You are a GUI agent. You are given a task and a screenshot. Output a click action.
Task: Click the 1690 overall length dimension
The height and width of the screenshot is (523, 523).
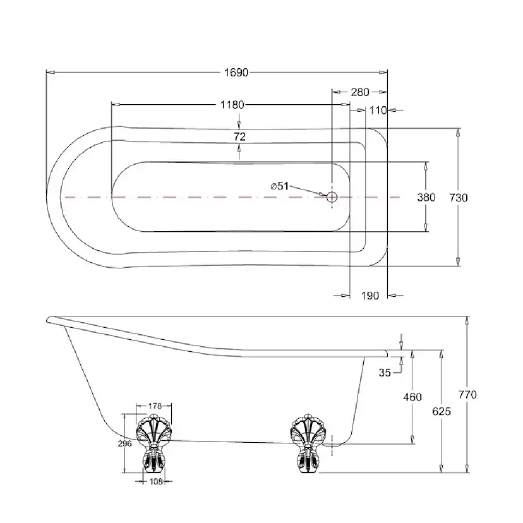(236, 73)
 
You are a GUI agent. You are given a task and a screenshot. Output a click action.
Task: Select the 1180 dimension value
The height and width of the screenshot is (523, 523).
(232, 105)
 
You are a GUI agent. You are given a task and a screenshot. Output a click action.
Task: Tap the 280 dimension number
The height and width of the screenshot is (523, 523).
(360, 92)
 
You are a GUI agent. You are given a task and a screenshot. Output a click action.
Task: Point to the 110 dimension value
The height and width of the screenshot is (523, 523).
(378, 110)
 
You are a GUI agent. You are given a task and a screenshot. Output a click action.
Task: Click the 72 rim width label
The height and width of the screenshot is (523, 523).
(240, 136)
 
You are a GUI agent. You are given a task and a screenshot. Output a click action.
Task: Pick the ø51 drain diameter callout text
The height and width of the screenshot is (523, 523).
(280, 186)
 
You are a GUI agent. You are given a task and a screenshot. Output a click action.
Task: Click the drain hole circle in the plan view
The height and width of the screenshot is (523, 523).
(332, 197)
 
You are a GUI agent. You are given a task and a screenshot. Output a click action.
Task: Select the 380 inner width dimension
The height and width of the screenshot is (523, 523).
(426, 198)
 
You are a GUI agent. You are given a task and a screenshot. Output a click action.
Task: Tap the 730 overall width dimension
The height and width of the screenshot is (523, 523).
(459, 198)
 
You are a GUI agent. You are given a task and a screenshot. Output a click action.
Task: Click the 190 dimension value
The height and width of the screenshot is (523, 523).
(370, 296)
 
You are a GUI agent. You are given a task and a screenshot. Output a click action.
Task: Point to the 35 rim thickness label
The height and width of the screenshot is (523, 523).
(385, 373)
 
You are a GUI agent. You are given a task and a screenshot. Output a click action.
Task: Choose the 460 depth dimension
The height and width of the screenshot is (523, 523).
(412, 397)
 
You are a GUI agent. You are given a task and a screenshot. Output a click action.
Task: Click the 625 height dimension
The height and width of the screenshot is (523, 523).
(442, 411)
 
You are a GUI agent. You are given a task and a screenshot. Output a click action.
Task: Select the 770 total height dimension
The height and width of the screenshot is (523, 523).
(467, 395)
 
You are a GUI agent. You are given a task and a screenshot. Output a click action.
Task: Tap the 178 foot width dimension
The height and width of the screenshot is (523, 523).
(155, 406)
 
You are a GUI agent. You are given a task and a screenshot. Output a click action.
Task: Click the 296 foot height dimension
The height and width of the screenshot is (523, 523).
(124, 443)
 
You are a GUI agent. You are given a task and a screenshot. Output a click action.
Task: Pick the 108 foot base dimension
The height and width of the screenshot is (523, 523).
(156, 481)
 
